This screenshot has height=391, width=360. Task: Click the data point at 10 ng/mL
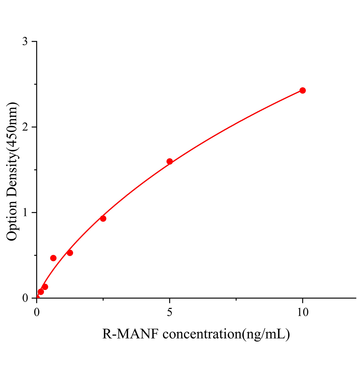(303, 90)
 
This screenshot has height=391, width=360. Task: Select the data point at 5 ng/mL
(170, 161)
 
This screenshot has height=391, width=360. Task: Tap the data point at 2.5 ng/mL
(103, 218)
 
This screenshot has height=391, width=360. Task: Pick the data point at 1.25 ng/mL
(70, 253)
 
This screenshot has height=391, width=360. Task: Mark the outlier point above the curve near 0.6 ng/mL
(53, 258)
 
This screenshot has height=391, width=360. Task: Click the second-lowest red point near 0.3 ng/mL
(45, 287)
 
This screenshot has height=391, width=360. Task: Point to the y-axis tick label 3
(25, 42)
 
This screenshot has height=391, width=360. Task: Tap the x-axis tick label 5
(170, 312)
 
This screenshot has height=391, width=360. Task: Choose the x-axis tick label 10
(303, 312)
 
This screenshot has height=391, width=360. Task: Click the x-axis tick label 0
(37, 312)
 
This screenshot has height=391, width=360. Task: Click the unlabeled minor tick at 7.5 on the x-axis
(236, 299)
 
